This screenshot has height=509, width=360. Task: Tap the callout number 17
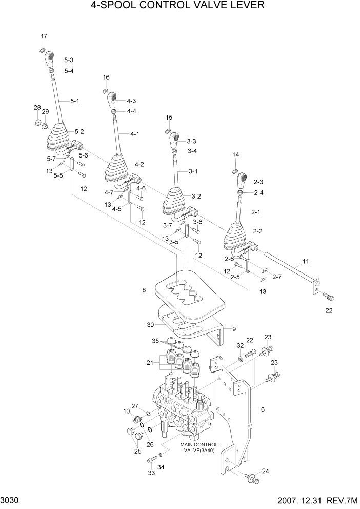(44, 36)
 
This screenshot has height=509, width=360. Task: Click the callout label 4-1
(135, 134)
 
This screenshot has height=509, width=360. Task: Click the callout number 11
(306, 261)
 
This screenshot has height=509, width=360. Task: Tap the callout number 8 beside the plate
(145, 290)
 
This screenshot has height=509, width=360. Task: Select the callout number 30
(150, 324)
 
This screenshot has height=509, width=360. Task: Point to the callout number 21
(149, 363)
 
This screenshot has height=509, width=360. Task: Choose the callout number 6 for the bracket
(263, 409)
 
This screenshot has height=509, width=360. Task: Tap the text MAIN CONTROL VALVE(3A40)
(199, 447)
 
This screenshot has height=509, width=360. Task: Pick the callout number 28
(37, 107)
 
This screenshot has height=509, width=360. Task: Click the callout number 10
(126, 411)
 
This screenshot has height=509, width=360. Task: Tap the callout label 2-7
(277, 277)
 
